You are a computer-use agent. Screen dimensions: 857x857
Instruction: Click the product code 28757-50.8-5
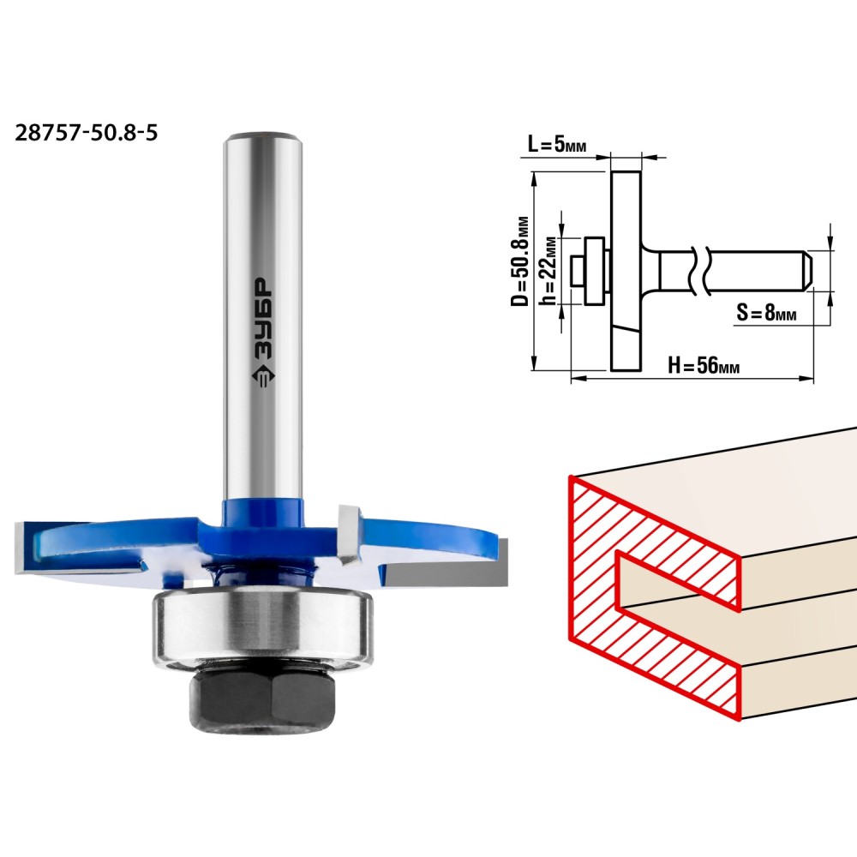click(x=87, y=132)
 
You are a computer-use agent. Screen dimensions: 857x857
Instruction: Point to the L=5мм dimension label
click(x=557, y=144)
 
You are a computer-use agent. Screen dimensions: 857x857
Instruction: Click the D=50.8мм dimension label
click(x=520, y=261)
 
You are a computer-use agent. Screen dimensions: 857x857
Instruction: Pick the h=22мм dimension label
click(x=548, y=270)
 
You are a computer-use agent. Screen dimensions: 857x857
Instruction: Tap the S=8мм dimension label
click(x=766, y=313)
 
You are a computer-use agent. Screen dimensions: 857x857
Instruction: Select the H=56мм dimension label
click(x=704, y=364)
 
